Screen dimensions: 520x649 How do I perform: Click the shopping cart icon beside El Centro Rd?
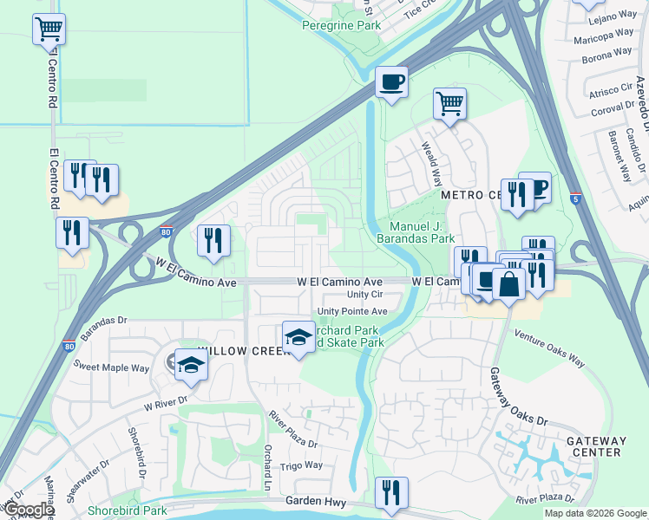point(49,29)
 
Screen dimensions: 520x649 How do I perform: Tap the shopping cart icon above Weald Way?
point(449,104)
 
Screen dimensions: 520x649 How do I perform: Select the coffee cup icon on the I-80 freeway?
point(391,83)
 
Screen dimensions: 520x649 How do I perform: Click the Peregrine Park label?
point(341,26)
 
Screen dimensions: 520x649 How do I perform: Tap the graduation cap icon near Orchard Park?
point(298,336)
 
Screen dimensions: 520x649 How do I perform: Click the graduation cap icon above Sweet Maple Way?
point(190,364)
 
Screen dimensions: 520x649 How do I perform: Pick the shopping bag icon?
point(508,283)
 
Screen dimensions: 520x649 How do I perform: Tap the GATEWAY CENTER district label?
point(595,446)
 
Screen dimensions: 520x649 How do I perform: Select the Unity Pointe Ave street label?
point(352,310)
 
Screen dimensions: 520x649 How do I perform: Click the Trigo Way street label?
point(300,465)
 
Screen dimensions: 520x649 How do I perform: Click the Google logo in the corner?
point(28,510)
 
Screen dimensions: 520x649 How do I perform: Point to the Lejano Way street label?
point(613,16)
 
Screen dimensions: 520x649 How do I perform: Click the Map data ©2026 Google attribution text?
point(594,513)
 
